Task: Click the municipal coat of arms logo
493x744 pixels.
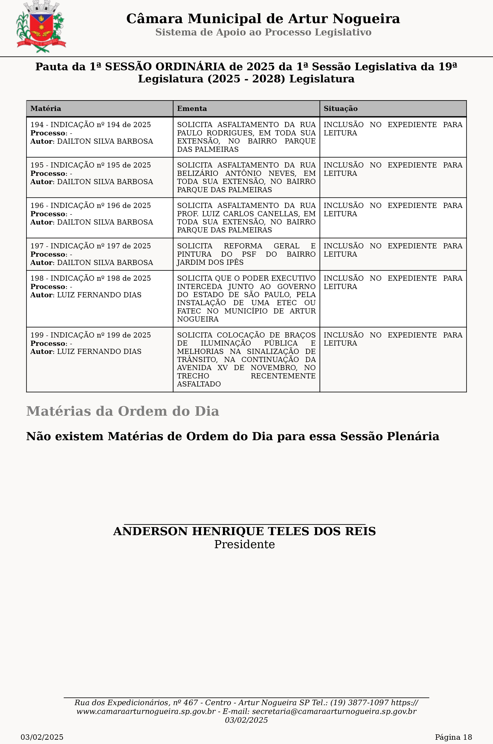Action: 41,27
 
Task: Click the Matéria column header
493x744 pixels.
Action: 46,109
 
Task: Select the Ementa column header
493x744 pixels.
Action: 192,109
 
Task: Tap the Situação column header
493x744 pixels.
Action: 340,109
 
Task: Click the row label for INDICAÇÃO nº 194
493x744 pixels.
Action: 91,125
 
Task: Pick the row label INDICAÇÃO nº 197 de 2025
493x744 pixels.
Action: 91,246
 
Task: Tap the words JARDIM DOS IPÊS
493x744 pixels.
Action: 210,262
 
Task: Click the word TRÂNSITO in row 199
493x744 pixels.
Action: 197,360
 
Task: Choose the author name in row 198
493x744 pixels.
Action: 99,295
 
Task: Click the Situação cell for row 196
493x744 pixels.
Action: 393,210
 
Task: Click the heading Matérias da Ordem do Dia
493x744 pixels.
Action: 123,411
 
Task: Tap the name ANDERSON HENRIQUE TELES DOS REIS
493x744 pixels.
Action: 244,531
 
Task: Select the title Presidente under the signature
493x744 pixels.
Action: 244,545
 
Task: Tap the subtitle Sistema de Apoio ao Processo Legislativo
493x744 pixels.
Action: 263,32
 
